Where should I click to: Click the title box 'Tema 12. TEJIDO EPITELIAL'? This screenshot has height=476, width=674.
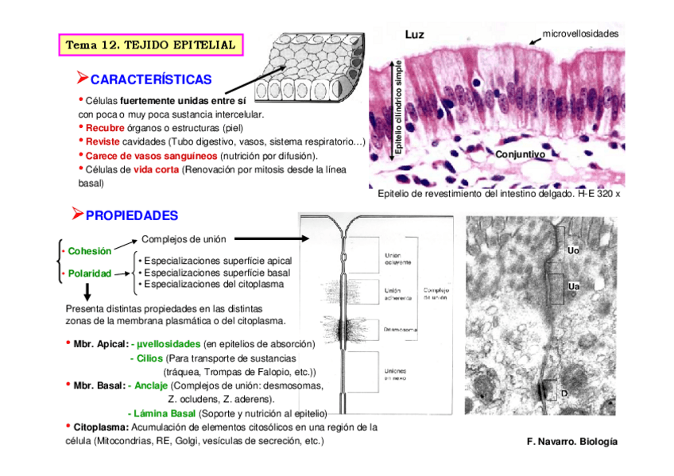150,45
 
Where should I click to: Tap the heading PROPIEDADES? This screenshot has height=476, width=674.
131,215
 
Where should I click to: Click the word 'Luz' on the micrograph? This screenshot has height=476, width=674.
415,35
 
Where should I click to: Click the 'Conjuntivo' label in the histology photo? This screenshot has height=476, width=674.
520,154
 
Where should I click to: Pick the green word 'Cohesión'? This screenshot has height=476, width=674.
89,251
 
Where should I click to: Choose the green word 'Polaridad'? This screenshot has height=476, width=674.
89,274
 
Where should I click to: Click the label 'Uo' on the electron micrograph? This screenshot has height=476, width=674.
573,251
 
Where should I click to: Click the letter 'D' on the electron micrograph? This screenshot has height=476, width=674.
564,393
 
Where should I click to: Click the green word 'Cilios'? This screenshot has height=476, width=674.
149,358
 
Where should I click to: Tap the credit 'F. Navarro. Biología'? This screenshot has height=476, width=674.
571,441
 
